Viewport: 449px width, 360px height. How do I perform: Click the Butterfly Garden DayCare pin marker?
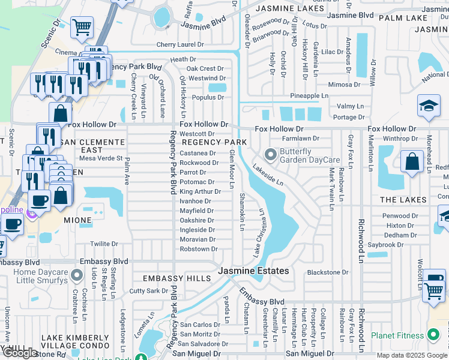pos(271,155)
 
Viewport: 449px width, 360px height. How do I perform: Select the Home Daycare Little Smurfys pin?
pos(76,275)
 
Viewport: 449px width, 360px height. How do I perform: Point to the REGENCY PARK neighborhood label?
pos(214,142)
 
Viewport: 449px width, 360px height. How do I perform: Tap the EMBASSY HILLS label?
pos(176,278)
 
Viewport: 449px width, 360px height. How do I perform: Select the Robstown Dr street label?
pos(198,249)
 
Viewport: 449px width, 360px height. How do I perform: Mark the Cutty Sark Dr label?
pos(149,291)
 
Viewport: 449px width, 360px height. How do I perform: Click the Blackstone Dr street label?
pos(328,272)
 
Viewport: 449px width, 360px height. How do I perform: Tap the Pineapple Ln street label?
pos(309,96)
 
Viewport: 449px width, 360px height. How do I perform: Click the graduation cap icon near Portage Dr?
pos(429,106)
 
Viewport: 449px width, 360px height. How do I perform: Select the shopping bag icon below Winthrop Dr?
pos(412,162)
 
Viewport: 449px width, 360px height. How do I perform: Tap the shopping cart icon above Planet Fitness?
pos(433,291)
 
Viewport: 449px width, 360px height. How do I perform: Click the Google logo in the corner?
pos(20,353)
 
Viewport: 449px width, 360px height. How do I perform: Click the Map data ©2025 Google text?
pos(411,355)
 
